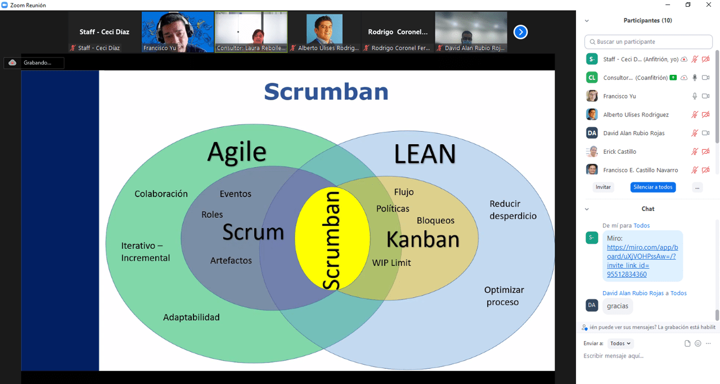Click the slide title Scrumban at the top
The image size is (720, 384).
point(326,92)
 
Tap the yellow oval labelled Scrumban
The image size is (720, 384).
point(332,239)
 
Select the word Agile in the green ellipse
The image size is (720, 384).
point(237,151)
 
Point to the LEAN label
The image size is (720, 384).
point(425,154)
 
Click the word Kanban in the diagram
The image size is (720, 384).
point(423,240)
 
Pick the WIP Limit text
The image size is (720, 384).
point(391,262)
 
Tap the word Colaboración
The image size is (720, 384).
point(161,194)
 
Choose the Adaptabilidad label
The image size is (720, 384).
point(191,317)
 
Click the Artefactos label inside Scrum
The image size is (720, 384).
point(231,261)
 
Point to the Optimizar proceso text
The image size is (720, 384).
point(503,296)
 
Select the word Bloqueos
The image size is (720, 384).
point(435,220)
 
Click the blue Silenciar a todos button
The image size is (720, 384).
point(652,187)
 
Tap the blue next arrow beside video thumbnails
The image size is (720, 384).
point(520,32)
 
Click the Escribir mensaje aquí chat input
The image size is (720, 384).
point(647,356)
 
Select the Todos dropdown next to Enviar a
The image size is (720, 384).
point(621,343)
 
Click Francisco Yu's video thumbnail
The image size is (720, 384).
point(177,32)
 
